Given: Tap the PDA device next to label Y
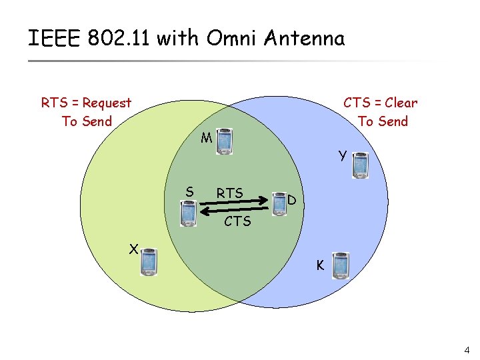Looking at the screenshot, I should (361, 165).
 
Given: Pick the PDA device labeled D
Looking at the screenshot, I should (279, 205).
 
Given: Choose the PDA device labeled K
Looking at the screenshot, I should (341, 266).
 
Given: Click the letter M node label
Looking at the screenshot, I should (206, 139).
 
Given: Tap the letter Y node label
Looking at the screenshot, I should (342, 156).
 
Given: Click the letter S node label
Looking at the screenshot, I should (190, 192).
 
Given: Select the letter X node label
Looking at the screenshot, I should (133, 249).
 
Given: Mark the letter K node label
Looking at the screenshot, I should (320, 265).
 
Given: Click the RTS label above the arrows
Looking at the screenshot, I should (229, 193).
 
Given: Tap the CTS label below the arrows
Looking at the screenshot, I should (237, 221).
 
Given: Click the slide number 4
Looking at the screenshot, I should (467, 350).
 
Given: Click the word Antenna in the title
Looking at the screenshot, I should (304, 38).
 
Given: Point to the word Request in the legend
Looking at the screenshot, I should (107, 103).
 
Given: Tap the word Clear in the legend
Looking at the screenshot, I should (401, 103).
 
